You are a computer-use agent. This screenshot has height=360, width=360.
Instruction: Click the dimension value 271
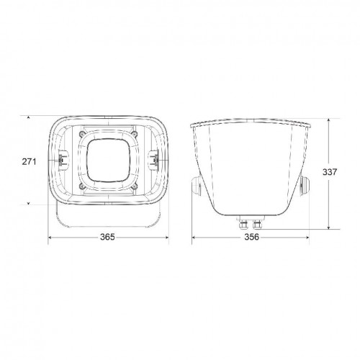click(29, 162)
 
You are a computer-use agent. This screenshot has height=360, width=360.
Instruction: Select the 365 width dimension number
click(107, 237)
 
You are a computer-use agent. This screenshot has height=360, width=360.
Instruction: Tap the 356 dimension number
click(252, 237)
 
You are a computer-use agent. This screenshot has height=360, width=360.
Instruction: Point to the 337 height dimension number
click(330, 172)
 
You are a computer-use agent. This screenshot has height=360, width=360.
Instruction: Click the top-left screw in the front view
click(81, 134)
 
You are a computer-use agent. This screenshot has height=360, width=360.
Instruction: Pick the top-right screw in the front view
click(135, 134)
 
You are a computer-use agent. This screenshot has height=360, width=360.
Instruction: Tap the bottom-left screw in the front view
click(81, 186)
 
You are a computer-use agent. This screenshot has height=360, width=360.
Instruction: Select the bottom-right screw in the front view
click(135, 186)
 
